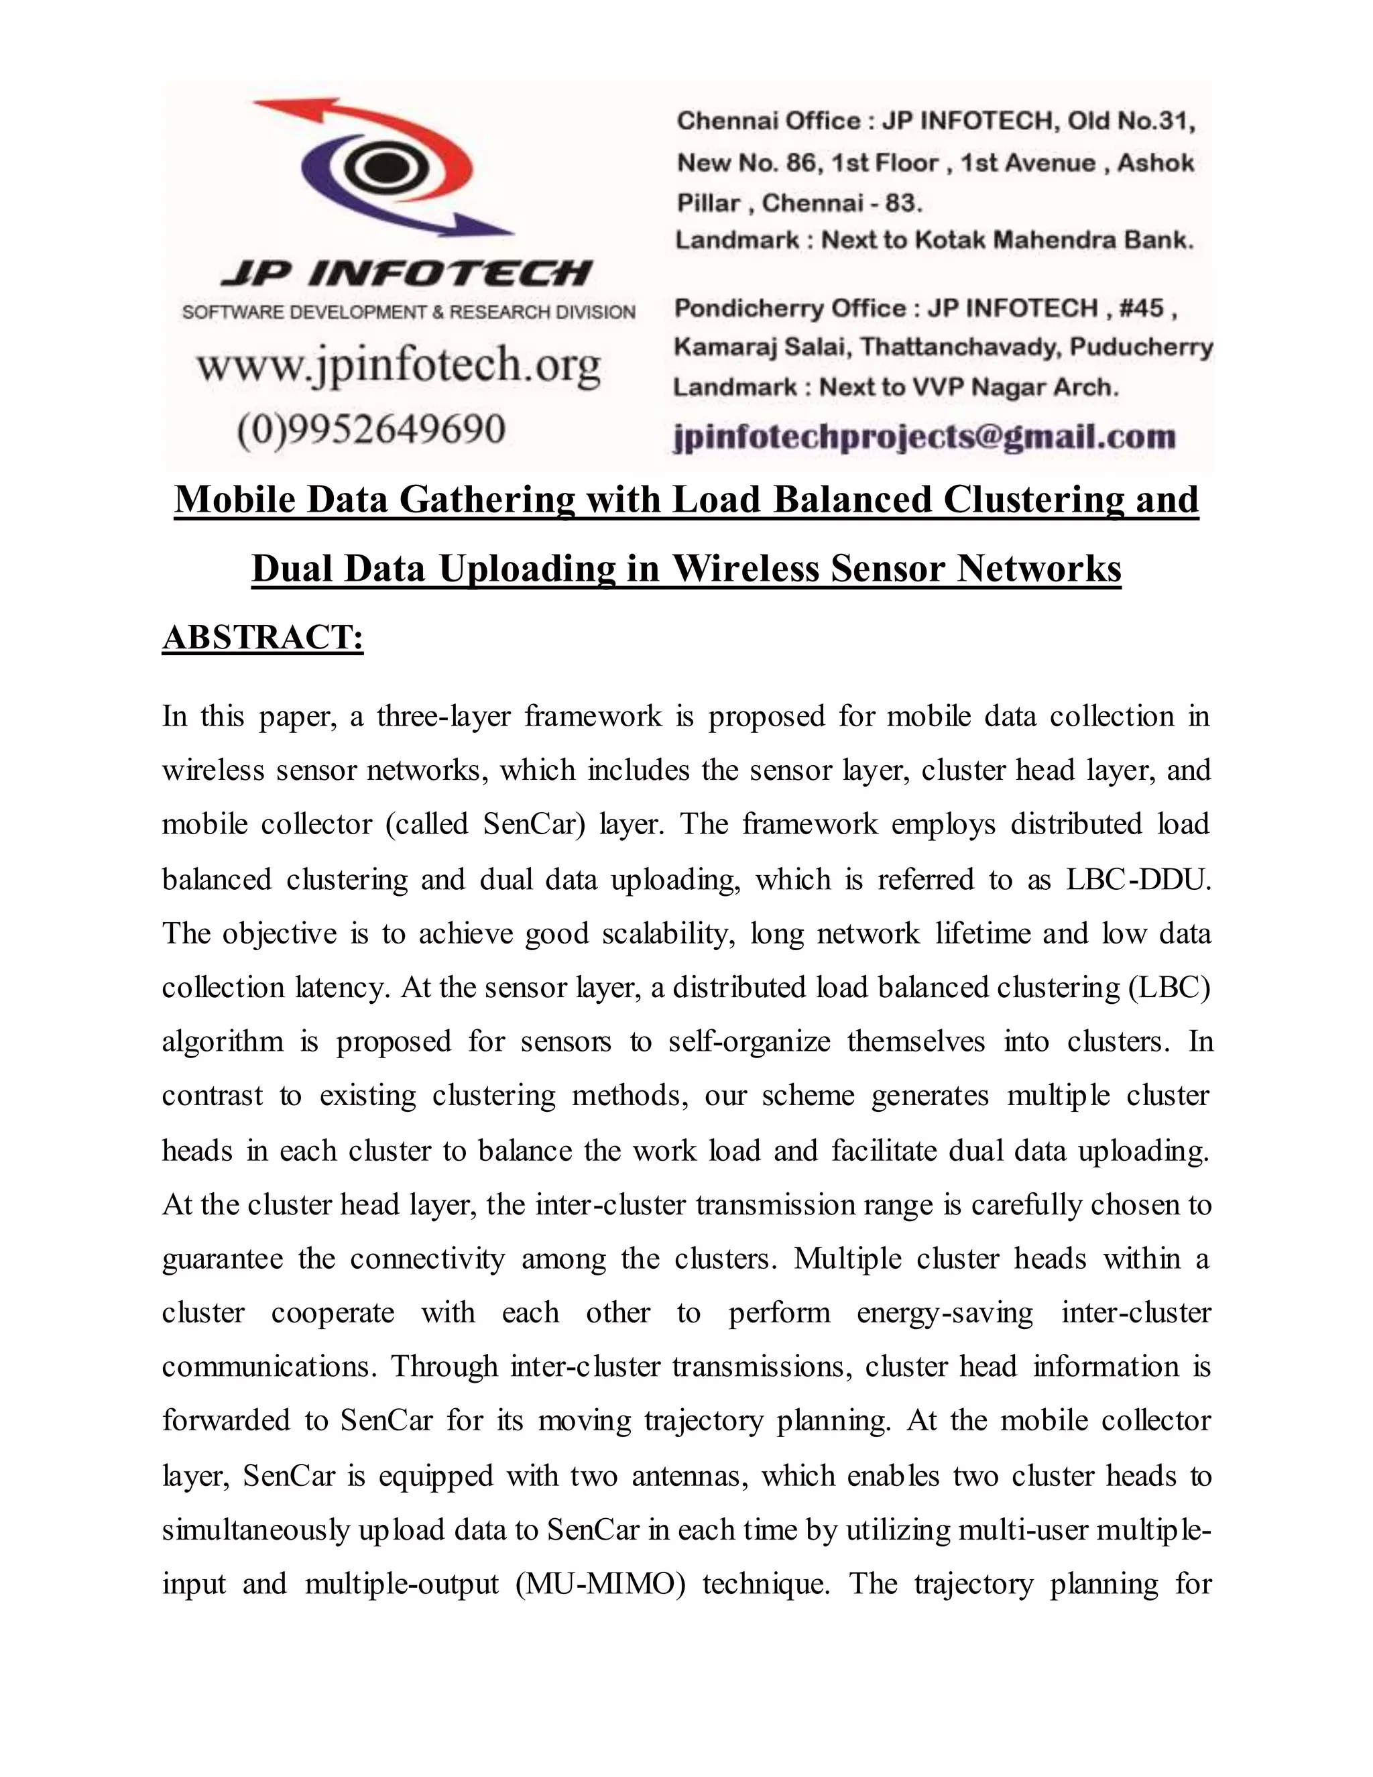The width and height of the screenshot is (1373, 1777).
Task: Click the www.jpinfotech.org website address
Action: click(399, 365)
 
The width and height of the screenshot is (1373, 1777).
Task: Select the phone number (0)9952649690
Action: click(371, 428)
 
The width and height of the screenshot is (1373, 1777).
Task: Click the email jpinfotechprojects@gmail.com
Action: click(924, 437)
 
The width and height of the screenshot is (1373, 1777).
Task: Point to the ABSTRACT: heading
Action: click(263, 637)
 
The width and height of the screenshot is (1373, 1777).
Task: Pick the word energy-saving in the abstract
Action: click(945, 1312)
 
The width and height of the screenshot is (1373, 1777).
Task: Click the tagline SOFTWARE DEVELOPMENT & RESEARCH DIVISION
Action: click(408, 312)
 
